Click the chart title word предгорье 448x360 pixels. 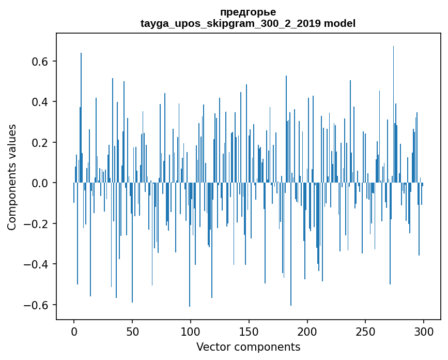click(x=248, y=12)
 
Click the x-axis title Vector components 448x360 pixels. click(x=248, y=347)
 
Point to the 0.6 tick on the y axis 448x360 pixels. click(x=40, y=61)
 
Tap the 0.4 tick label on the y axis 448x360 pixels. click(x=40, y=102)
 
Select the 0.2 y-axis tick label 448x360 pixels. click(x=40, y=142)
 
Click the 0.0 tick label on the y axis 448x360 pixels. click(x=40, y=183)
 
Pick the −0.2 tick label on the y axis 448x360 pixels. click(x=37, y=224)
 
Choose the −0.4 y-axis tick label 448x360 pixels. click(x=37, y=264)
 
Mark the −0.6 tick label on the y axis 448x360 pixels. click(x=37, y=305)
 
